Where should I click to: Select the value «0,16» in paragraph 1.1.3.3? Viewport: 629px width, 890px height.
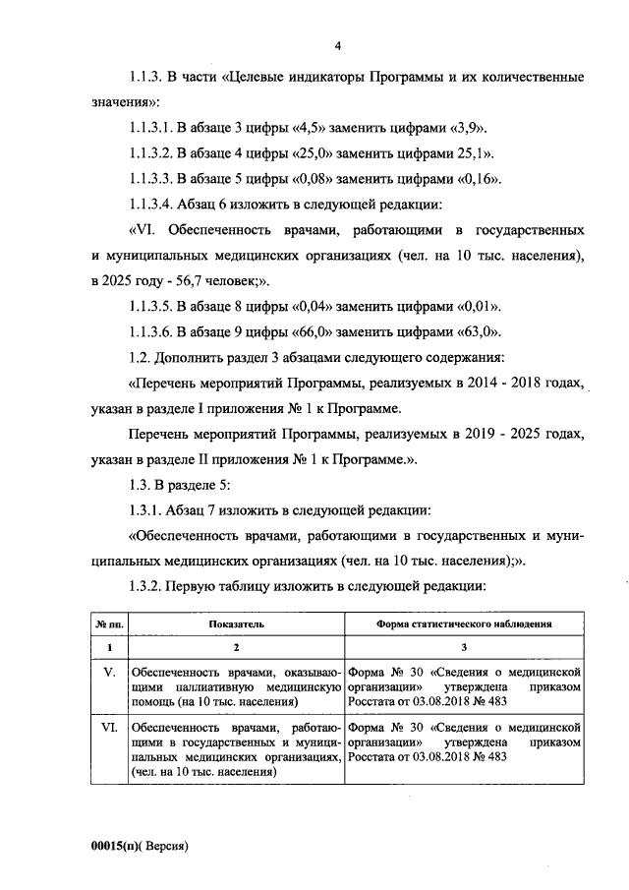click(477, 179)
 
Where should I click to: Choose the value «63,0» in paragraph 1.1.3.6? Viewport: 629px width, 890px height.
click(477, 331)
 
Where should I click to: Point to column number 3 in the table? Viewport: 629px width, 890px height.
click(463, 648)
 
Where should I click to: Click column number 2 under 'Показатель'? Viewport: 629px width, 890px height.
click(235, 648)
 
